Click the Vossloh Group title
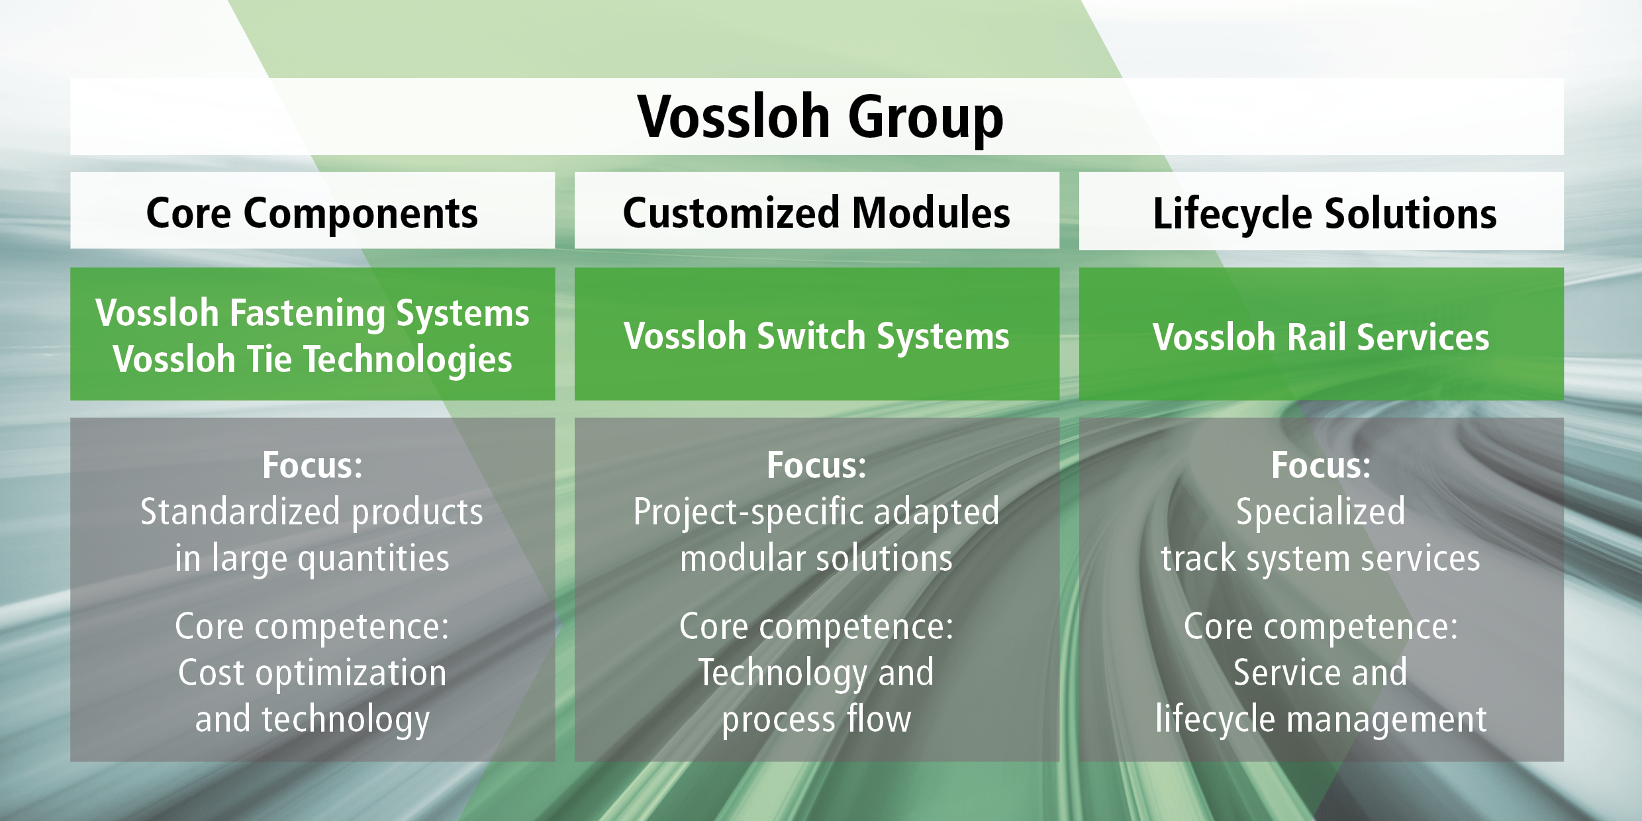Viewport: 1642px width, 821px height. pos(820,118)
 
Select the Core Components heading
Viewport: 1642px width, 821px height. pos(312,214)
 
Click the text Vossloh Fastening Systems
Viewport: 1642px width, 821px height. pos(312,313)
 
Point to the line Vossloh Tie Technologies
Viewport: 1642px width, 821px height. pos(312,360)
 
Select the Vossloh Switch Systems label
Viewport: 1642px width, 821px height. pos(816,336)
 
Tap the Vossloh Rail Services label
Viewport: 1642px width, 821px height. pos(1321,337)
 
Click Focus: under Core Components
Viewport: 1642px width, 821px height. pos(312,465)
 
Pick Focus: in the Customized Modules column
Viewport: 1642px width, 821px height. pos(816,465)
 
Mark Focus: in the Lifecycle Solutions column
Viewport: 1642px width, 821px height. pos(1321,465)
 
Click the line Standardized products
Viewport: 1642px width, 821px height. pos(312,512)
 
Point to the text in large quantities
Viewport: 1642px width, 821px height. pos(312,559)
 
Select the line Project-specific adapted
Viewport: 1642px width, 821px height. pos(816,512)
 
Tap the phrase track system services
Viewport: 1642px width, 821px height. pos(1321,559)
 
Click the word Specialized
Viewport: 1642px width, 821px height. pos(1321,512)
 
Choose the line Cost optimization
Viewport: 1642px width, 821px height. pos(312,673)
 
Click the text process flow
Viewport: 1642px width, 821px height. pos(816,720)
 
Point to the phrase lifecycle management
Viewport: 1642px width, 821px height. pos(1321,720)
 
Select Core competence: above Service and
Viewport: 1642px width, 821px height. pos(1321,626)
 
